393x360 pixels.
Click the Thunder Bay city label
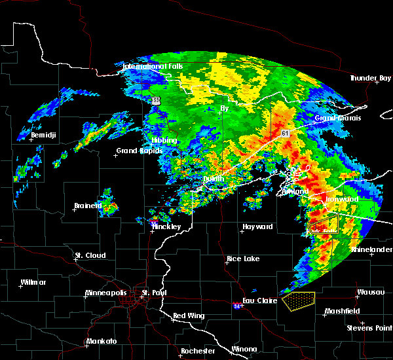(x=370, y=78)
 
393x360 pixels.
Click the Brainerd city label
(x=88, y=206)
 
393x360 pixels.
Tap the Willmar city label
(x=33, y=282)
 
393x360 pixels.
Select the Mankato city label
(x=102, y=342)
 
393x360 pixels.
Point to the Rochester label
(x=198, y=351)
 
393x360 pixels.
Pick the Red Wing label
(x=189, y=315)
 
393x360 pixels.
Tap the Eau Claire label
(x=261, y=301)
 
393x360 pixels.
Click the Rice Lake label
(x=242, y=259)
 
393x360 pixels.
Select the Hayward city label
(x=257, y=226)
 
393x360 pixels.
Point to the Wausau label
(x=369, y=292)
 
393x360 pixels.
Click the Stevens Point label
(x=369, y=327)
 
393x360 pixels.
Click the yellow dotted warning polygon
(x=299, y=300)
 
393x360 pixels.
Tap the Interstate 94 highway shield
(x=236, y=305)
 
